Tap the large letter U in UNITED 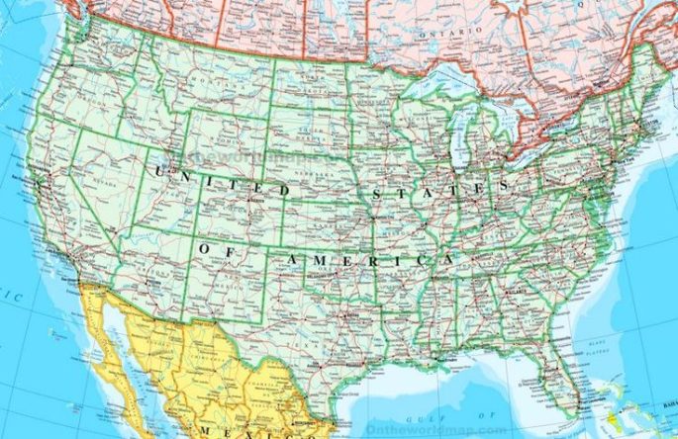click(x=157, y=172)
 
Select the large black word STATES click(x=436, y=187)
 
